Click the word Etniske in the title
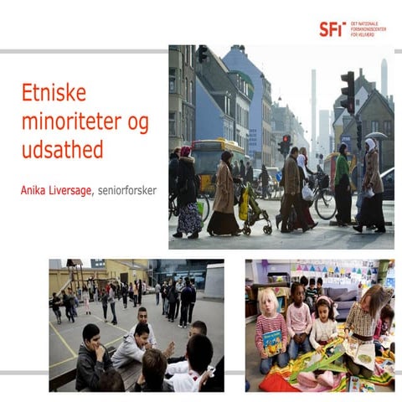pos(54,93)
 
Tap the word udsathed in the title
pos(62,151)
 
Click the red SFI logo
pos(332,28)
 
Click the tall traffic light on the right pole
pos(348,91)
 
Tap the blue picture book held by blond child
pos(275,340)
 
